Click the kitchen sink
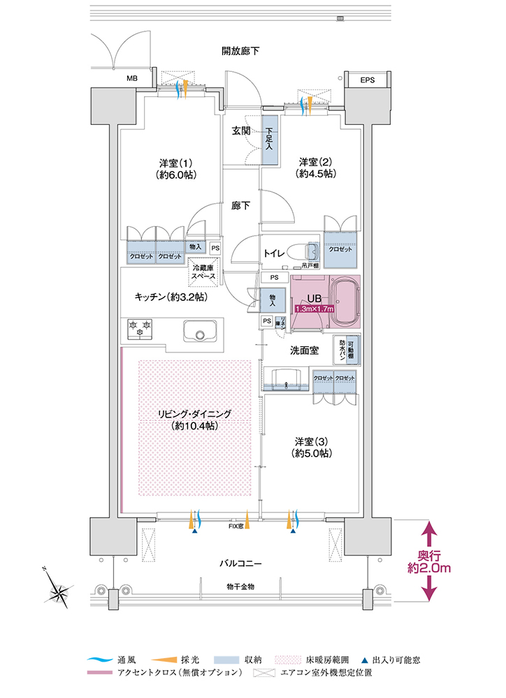coord(199,329)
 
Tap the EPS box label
coord(368,81)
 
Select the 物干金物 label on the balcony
coord(240,586)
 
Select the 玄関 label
coord(242,131)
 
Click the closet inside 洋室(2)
coord(342,249)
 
